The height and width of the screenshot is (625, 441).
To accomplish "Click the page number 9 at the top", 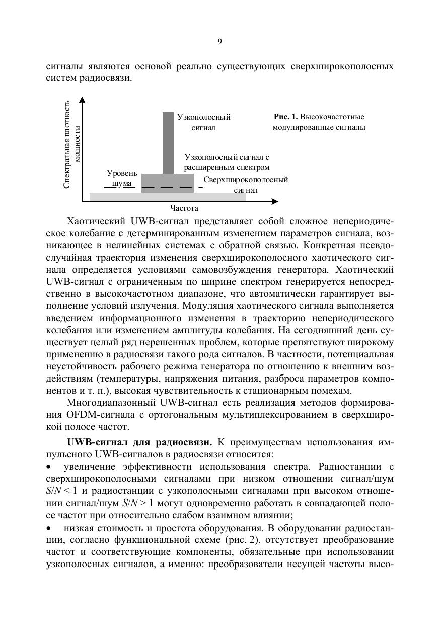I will tap(220, 42).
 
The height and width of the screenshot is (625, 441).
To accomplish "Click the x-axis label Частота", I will tap(184, 208).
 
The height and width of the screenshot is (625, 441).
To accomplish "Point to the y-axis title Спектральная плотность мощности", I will tap(72, 144).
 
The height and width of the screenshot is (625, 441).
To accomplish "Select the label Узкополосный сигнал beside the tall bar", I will tap(203, 122).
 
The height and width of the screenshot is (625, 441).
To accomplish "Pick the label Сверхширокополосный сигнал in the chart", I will tap(246, 185).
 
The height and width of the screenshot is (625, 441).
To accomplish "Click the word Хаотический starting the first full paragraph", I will tap(96, 222).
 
